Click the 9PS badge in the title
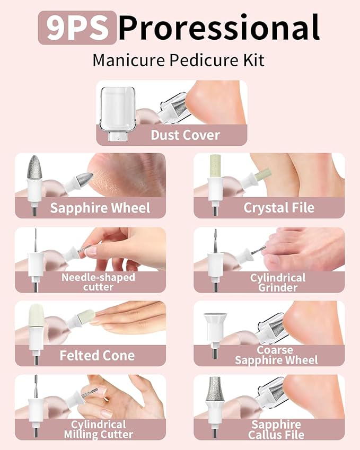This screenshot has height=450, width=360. (x=77, y=28)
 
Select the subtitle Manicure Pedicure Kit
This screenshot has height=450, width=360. (x=178, y=60)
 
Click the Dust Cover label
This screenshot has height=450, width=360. (x=185, y=135)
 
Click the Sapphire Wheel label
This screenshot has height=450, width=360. (x=100, y=208)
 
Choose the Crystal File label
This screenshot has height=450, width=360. (x=279, y=208)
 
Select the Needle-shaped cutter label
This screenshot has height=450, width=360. (x=98, y=282)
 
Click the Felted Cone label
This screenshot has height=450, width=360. (x=97, y=355)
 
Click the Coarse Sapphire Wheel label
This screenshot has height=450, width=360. (x=276, y=355)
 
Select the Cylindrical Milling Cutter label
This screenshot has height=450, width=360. (x=99, y=429)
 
